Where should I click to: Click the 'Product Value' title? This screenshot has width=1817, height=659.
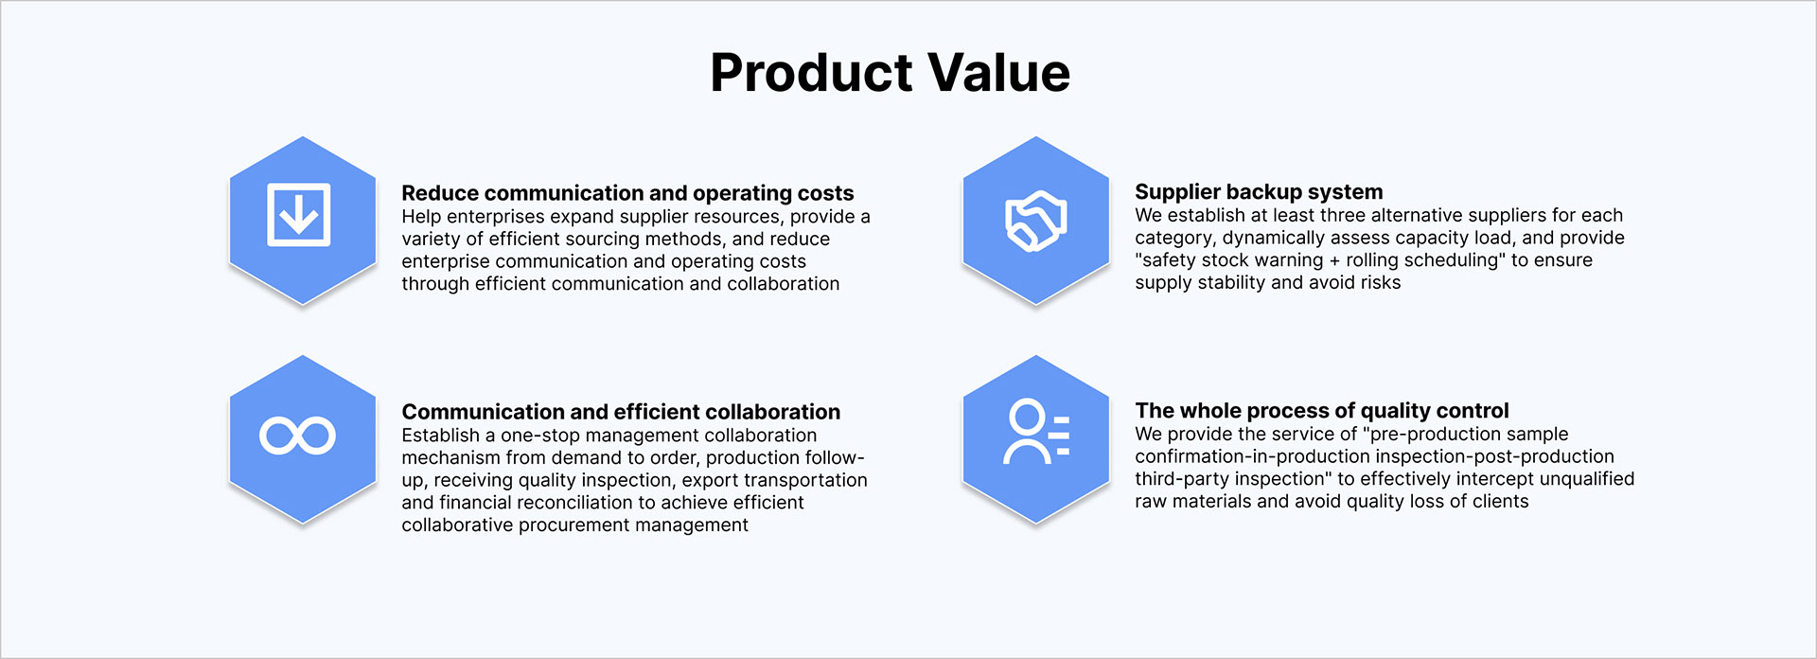coord(890,73)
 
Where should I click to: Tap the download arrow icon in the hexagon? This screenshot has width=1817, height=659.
coord(299,215)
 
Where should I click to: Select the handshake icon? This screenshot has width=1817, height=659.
coord(1035,221)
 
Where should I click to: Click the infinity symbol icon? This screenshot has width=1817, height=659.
coord(297,436)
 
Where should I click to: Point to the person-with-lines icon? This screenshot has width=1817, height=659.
coord(1035,432)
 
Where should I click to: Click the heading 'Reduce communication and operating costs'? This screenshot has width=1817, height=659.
coord(627,193)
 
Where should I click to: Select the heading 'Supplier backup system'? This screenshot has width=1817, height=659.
coord(1259,192)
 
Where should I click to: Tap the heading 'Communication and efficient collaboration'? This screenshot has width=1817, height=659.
coord(621,412)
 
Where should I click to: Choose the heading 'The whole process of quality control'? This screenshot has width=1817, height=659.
coord(1322,411)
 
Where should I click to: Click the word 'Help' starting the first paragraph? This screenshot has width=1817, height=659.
coord(421,217)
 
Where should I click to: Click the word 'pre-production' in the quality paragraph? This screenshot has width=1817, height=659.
coord(1433,435)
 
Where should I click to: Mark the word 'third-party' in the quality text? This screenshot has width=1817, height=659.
coord(1182,479)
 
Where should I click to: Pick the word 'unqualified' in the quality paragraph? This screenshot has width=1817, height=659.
coord(1587,479)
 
